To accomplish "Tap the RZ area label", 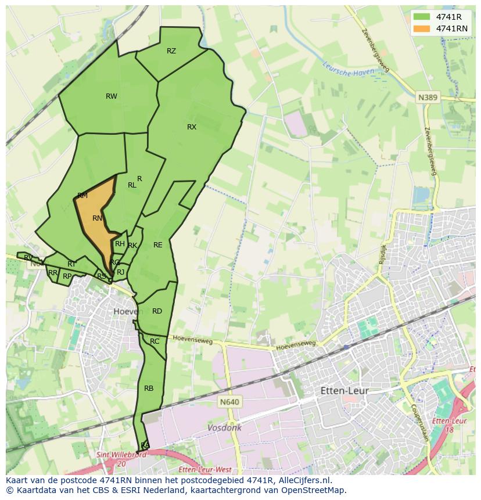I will (171, 51).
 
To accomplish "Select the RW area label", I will (112, 96).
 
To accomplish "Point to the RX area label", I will (192, 127).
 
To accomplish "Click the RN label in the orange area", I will (98, 218).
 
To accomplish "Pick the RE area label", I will (158, 245).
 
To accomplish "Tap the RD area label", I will (157, 311).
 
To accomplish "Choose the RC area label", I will (155, 341).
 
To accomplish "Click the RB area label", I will (149, 389).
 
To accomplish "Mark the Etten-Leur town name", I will (344, 391).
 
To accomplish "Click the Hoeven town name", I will (128, 311).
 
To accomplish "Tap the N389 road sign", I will (427, 98).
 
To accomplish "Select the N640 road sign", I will (229, 401).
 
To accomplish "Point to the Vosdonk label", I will (224, 427).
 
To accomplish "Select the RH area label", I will (120, 244).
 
